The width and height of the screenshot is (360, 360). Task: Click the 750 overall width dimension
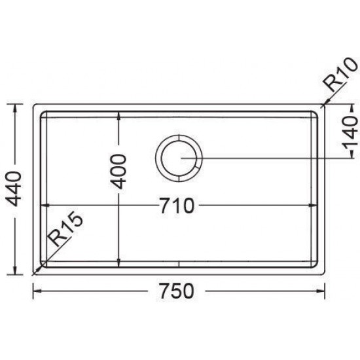coord(177,291)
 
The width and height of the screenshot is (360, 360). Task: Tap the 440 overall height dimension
coord(14,189)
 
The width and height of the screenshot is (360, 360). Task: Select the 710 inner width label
coord(177,206)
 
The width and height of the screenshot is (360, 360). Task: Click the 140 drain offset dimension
coord(351,132)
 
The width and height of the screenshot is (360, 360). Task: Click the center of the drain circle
coord(179,158)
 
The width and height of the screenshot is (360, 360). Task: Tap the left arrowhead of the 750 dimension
coord(37,291)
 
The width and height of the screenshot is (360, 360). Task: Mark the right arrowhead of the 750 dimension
coord(321,291)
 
